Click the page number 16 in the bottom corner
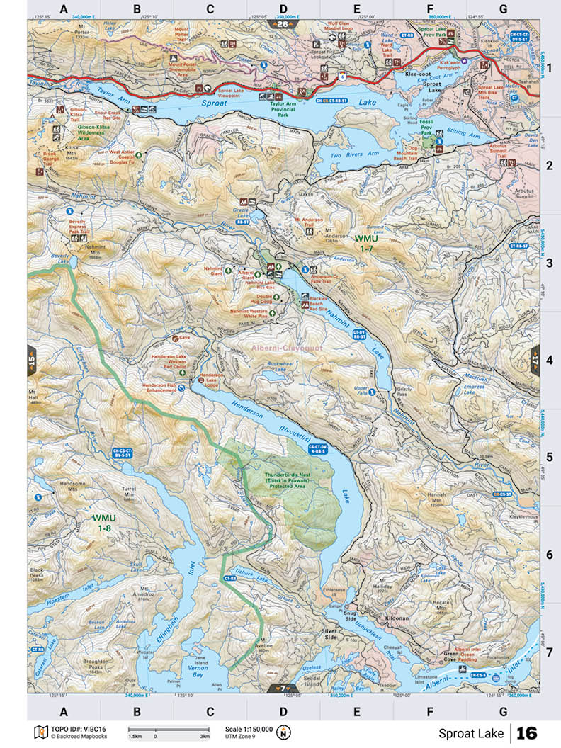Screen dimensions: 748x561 pyautogui.click(x=527, y=732)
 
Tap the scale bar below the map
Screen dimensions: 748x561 pyautogui.click(x=168, y=730)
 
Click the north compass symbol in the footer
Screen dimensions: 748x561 pyautogui.click(x=284, y=732)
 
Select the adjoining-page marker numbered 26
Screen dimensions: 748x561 pyautogui.click(x=283, y=24)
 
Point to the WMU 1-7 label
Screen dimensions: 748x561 pyautogui.click(x=366, y=244)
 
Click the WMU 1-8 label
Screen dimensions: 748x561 pyautogui.click(x=103, y=523)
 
